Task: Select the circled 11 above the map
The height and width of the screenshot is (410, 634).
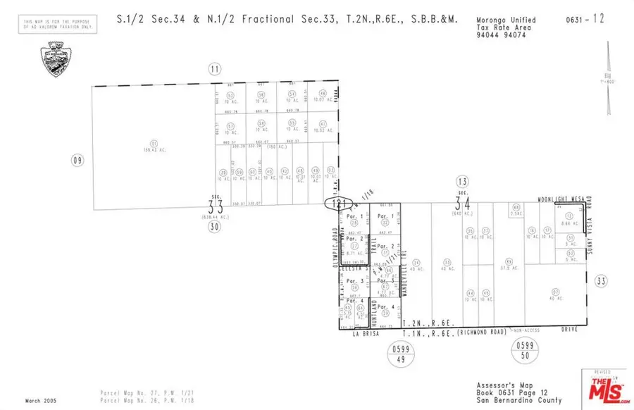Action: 214,68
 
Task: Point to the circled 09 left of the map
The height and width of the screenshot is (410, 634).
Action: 77,161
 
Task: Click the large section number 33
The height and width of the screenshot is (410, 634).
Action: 215,206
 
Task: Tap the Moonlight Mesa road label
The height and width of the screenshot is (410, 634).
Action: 561,199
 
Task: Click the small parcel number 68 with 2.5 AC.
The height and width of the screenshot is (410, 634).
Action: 516,207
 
